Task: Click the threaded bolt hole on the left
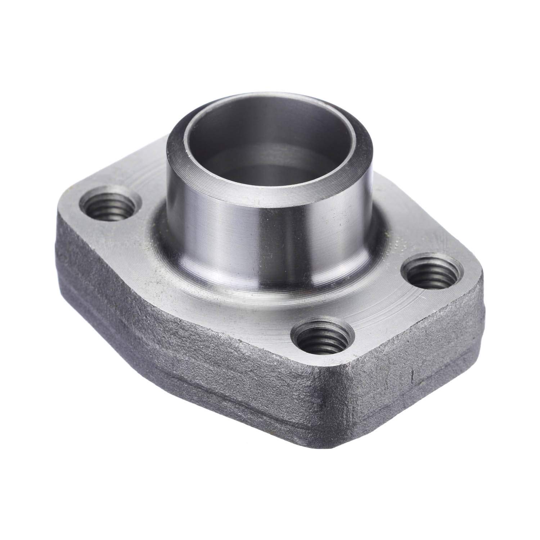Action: (109, 208)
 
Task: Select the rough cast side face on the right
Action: (432, 360)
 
